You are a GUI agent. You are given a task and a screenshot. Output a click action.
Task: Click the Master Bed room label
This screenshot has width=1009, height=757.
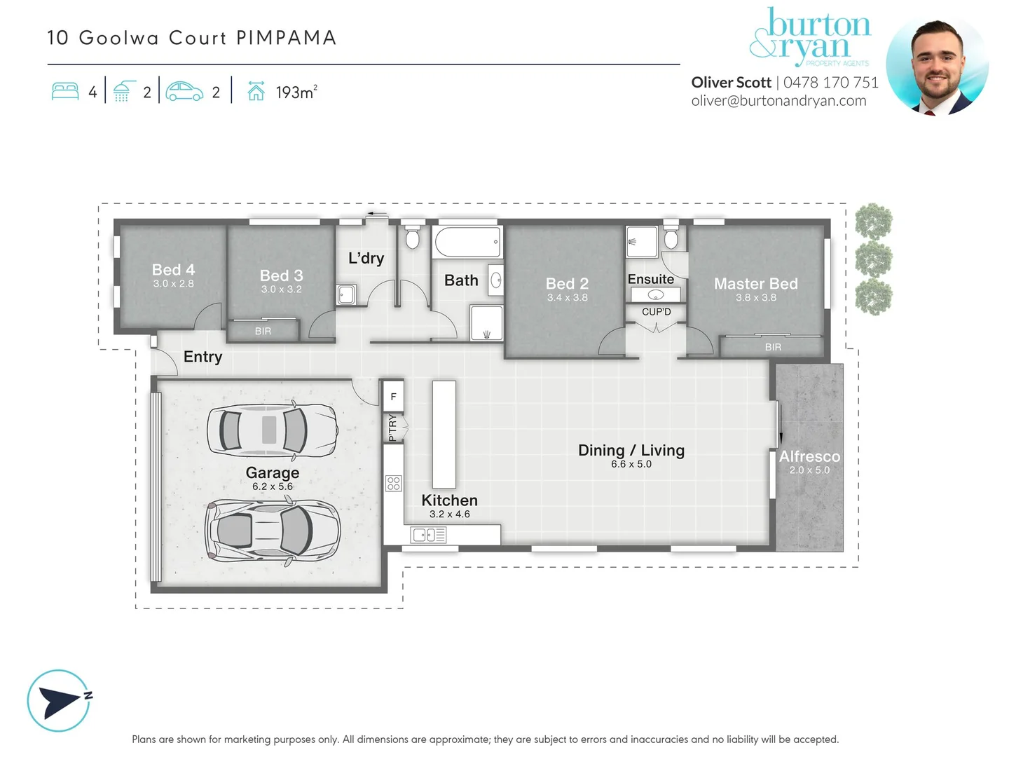pos(755,284)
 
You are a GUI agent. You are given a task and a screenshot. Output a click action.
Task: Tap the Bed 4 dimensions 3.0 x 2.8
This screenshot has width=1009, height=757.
pos(173,284)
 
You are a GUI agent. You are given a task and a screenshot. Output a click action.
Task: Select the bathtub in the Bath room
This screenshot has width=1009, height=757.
pos(467,243)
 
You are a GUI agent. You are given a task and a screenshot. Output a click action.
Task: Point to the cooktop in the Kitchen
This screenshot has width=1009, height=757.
pos(393,483)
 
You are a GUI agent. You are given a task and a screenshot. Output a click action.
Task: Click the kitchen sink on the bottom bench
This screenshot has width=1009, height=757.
pos(428,536)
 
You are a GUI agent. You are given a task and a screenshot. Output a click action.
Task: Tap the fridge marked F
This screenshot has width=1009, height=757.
pos(393,397)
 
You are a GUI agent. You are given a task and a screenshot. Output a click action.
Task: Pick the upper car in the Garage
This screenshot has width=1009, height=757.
pos(272,429)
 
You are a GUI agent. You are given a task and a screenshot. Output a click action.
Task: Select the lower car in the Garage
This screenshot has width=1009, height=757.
pos(272,531)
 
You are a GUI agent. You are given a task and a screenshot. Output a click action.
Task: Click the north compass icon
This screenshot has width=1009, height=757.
pos(60,700)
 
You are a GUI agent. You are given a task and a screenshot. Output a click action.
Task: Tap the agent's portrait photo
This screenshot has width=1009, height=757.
pos(937,64)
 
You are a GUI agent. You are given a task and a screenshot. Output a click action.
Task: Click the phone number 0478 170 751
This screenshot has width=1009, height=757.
pos(830,83)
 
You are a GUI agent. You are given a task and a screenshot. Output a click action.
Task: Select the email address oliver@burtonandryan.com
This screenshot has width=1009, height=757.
pos(778,101)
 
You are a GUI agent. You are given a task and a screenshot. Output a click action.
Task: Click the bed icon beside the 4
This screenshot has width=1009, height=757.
pos(65,92)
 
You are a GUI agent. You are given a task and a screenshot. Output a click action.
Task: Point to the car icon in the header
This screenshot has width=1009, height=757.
pos(184,92)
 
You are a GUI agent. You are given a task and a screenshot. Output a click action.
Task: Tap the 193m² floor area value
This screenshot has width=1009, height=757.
pos(296,92)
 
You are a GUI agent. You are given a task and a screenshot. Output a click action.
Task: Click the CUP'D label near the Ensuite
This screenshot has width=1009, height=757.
pos(656,312)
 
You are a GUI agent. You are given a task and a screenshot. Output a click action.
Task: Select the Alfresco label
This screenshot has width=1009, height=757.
pos(809,456)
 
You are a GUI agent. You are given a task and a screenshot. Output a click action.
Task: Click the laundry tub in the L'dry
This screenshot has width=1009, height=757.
pos(345,294)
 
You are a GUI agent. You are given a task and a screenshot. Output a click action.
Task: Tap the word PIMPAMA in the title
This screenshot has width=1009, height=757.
pos(287,38)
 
